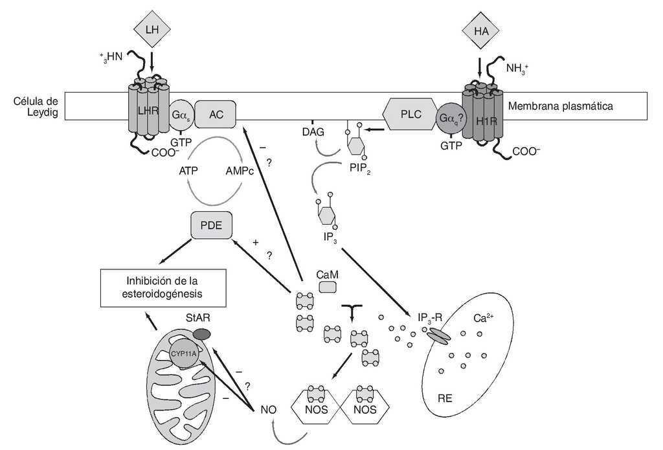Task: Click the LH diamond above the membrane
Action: [x=151, y=29]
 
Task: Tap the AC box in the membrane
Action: [x=216, y=114]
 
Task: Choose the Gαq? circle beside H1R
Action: [x=453, y=118]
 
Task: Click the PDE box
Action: [x=211, y=226]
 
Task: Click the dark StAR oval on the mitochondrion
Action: [x=202, y=333]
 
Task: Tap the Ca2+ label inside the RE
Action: [x=486, y=319]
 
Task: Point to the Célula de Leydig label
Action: [x=36, y=107]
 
